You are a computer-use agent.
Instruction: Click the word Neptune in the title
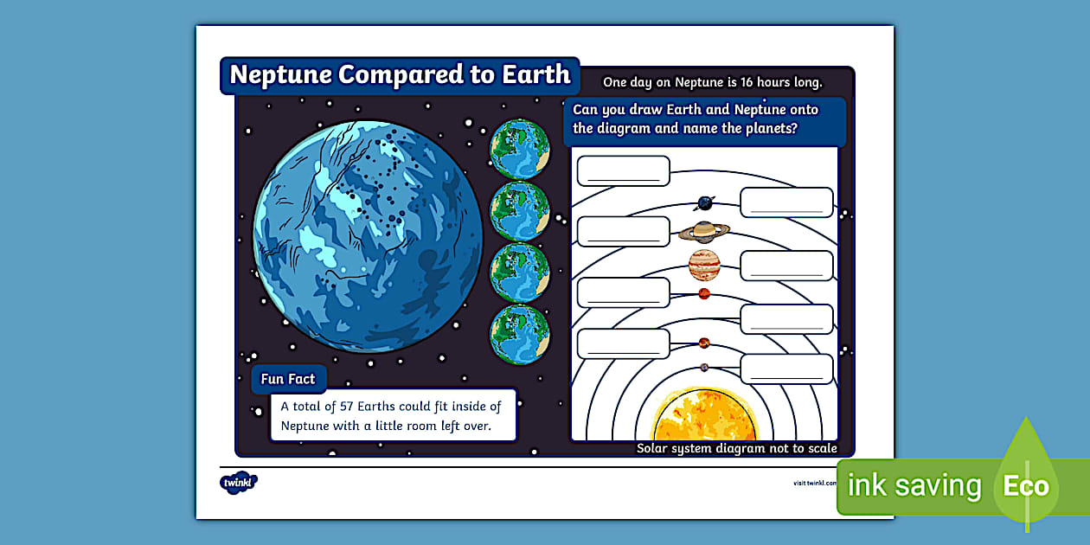[x=280, y=74]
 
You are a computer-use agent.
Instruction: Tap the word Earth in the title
[x=535, y=74]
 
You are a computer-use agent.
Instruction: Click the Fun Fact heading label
[x=288, y=379]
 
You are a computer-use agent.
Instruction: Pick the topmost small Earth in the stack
[x=520, y=149]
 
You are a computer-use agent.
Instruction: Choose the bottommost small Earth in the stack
[x=520, y=334]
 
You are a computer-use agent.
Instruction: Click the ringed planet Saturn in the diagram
[x=704, y=231]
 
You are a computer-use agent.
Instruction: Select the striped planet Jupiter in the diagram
[x=704, y=265]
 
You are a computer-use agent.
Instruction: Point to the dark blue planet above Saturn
[x=705, y=203]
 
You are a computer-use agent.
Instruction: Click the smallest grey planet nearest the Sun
[x=704, y=368]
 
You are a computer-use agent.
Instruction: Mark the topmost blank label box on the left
[x=623, y=170]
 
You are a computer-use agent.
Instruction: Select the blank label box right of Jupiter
[x=786, y=266]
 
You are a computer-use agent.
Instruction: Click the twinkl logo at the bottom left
[x=239, y=482]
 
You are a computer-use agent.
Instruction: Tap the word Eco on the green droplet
[x=1025, y=486]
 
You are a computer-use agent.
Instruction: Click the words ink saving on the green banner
[x=914, y=486]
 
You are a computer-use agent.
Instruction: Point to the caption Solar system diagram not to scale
[x=736, y=448]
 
